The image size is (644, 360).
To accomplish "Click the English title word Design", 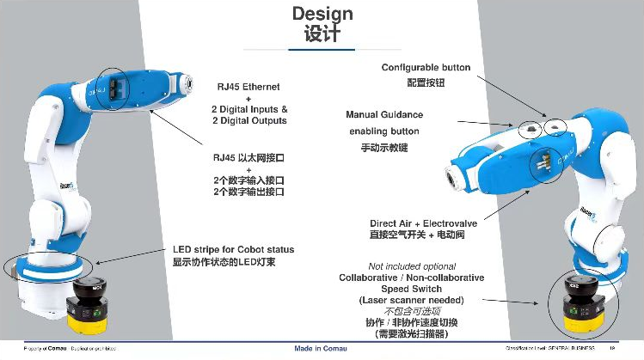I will tap(322, 13).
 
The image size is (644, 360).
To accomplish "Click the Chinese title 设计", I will tap(322, 34).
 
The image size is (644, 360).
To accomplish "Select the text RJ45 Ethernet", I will tap(248, 87).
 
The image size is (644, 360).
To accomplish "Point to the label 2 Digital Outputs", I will tap(248, 121).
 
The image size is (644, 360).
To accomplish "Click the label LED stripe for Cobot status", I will tap(233, 249).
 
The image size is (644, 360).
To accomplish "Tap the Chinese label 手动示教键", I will tap(384, 148).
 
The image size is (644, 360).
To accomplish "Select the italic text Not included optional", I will tap(412, 266).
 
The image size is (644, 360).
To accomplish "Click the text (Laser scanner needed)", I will tap(411, 300).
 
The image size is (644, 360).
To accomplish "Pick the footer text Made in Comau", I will tap(322, 348).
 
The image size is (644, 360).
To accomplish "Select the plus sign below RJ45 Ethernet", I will tap(248, 98).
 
